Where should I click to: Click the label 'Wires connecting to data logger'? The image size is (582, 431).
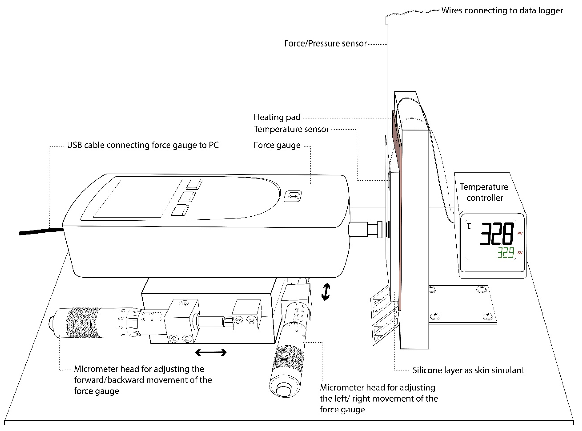(502, 10)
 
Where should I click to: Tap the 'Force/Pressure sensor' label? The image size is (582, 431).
(325, 43)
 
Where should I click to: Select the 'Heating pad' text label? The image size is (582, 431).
(277, 117)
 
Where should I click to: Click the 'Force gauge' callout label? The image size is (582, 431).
(277, 145)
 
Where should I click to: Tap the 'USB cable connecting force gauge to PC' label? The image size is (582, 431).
(143, 145)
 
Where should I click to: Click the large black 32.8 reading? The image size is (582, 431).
(496, 234)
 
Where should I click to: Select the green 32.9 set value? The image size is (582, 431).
(505, 253)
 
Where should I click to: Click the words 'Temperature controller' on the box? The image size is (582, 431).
(484, 192)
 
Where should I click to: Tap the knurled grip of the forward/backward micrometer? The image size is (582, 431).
(83, 323)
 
